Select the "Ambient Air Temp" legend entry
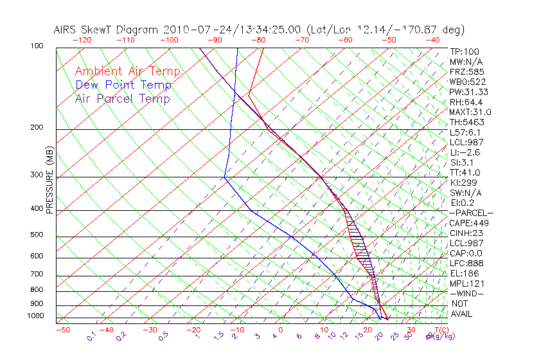click(x=127, y=71)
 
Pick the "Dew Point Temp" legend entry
click(x=123, y=85)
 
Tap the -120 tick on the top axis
click(x=82, y=40)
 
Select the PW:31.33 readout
click(x=469, y=92)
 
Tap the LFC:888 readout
click(x=467, y=263)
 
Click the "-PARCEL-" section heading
click(x=471, y=213)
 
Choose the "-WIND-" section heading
click(x=466, y=293)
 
